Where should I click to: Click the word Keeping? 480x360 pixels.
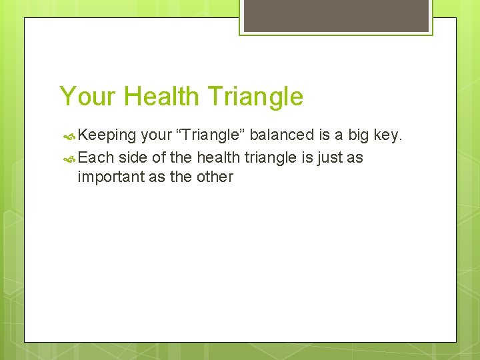[107, 135]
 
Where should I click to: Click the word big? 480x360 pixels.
[359, 135]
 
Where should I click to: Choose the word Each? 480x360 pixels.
[96, 157]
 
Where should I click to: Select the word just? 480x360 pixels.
[327, 157]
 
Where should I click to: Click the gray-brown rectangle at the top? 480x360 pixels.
[336, 15]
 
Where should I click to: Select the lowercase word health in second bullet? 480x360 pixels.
[219, 157]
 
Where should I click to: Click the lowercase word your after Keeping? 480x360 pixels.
[157, 135]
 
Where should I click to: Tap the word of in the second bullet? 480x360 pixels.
[159, 157]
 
